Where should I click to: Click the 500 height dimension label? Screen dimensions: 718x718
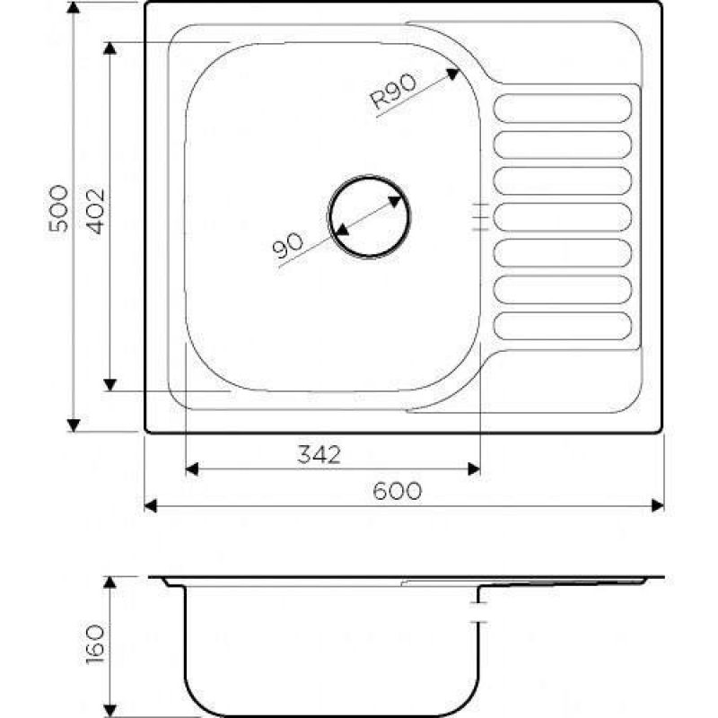click(x=59, y=208)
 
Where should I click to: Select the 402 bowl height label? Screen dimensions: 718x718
click(x=96, y=211)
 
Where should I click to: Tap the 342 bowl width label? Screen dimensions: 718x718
click(x=320, y=454)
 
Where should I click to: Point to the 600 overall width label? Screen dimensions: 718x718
click(x=397, y=491)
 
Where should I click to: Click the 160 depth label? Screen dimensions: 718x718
click(x=96, y=645)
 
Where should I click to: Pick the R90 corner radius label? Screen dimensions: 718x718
click(x=393, y=92)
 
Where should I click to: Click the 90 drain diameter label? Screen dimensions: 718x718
click(x=287, y=245)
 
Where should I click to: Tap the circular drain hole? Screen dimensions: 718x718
click(x=369, y=216)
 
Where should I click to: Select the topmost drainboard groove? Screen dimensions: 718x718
click(x=563, y=108)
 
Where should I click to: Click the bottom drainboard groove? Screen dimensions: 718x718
click(x=563, y=326)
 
